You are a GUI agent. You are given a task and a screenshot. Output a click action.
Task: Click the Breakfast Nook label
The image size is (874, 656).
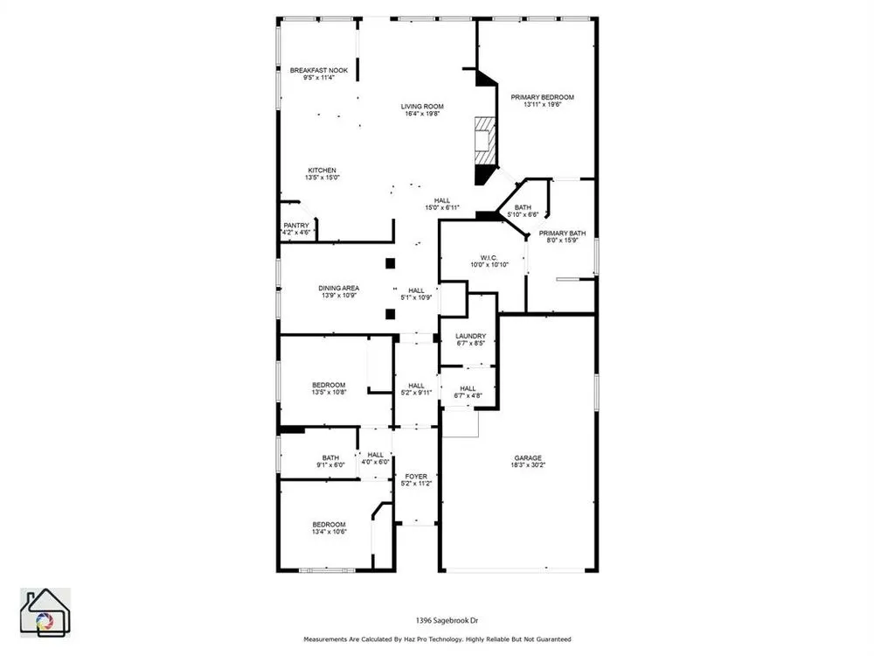(x=319, y=70)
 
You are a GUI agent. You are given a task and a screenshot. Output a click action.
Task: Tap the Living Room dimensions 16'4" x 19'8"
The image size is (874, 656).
(x=422, y=114)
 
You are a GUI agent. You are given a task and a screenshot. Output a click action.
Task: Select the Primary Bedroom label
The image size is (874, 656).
(x=543, y=97)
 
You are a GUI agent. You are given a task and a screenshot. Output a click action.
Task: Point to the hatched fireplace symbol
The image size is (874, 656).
(x=485, y=142)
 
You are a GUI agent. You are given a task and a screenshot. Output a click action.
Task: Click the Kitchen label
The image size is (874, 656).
(x=323, y=171)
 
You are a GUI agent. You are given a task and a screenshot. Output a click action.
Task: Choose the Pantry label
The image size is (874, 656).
(x=296, y=226)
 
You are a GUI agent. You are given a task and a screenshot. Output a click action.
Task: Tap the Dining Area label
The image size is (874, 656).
(x=339, y=289)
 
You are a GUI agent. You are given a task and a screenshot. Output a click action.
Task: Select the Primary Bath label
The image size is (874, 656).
(x=562, y=234)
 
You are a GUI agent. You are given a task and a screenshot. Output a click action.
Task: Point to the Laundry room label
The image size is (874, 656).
(x=471, y=337)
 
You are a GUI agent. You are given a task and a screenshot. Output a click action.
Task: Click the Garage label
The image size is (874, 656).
(x=528, y=458)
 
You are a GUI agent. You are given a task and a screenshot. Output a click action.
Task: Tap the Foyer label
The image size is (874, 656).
(x=416, y=477)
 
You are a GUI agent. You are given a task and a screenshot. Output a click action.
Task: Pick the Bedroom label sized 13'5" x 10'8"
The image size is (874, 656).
(x=329, y=385)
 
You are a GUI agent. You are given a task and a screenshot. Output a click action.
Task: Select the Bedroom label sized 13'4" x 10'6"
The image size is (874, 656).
(x=329, y=524)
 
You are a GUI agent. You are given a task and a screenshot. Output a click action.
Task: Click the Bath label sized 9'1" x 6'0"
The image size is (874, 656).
(x=330, y=458)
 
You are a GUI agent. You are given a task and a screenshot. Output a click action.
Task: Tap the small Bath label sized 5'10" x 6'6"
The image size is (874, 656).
(x=523, y=207)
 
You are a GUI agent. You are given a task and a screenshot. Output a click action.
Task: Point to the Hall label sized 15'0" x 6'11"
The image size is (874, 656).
(x=442, y=201)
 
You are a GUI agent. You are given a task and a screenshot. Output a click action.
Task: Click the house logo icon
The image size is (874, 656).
(x=45, y=612)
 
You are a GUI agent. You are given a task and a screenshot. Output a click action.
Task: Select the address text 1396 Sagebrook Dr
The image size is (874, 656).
(x=447, y=620)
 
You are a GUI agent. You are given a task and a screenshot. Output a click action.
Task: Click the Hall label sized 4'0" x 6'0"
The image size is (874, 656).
(x=376, y=455)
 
